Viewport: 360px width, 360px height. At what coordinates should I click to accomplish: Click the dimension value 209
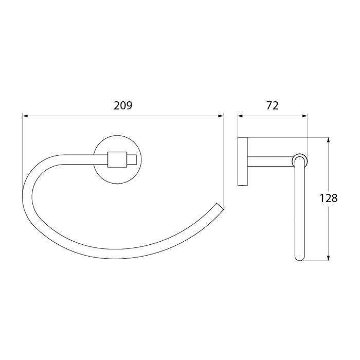(123, 105)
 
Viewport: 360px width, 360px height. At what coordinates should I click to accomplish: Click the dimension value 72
(273, 105)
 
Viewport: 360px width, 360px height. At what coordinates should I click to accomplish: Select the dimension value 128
(329, 198)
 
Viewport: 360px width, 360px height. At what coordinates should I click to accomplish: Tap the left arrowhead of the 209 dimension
(25, 116)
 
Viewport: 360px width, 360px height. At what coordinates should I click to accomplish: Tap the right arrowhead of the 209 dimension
(221, 116)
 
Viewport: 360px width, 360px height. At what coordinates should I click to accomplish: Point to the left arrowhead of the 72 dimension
(240, 116)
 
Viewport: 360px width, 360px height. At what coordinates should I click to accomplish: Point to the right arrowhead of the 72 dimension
(304, 116)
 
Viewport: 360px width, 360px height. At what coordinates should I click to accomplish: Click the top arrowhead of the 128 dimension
(329, 140)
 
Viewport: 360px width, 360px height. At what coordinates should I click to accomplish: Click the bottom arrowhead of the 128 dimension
(329, 258)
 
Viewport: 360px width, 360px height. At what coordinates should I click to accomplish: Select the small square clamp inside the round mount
(117, 159)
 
